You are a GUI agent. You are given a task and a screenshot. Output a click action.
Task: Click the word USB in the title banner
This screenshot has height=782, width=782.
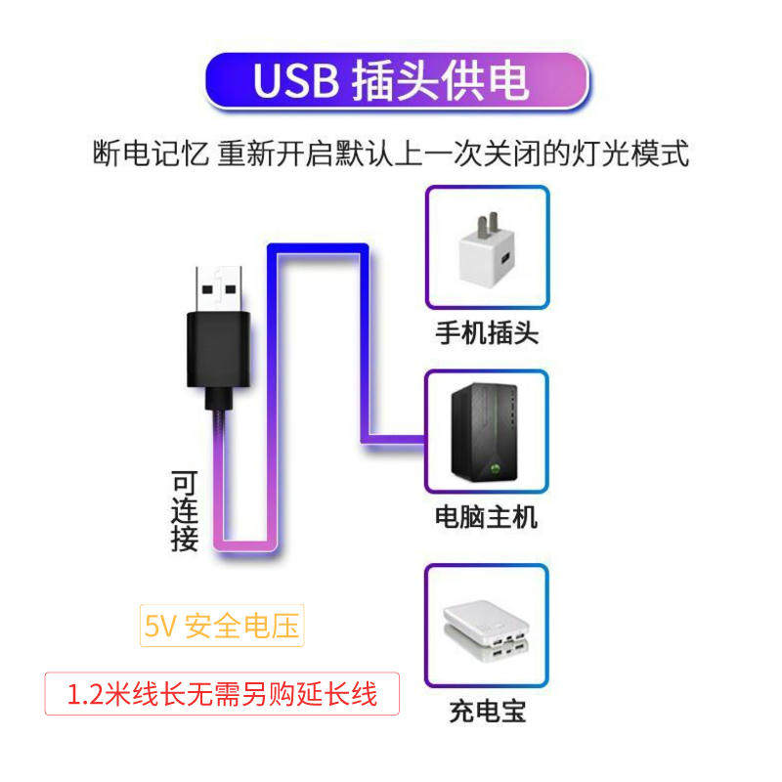pos(294,81)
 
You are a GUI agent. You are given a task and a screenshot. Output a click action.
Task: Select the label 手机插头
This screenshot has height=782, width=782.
pos(487,332)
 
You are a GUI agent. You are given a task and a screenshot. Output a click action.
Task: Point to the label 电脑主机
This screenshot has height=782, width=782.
pos(486,516)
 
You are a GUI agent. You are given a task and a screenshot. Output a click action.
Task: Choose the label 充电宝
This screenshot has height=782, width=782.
pos(488,711)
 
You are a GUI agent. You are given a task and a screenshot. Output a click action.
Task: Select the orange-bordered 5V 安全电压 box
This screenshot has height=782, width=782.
pos(223,627)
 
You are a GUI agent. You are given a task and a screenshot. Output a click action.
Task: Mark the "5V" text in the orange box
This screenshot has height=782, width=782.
pos(159,627)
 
